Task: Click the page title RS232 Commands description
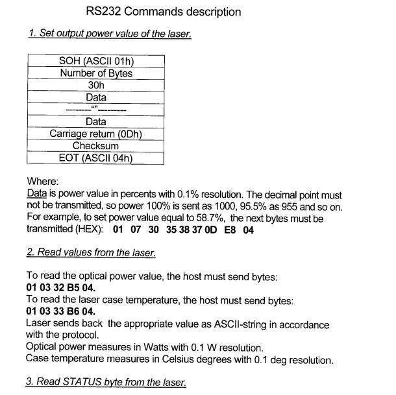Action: pos(163,12)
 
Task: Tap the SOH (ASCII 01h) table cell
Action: pos(96,62)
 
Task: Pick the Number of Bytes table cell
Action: pos(96,73)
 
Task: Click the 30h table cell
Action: pos(96,85)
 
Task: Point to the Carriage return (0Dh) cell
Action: pos(96,134)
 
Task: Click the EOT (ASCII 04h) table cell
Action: pos(96,158)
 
